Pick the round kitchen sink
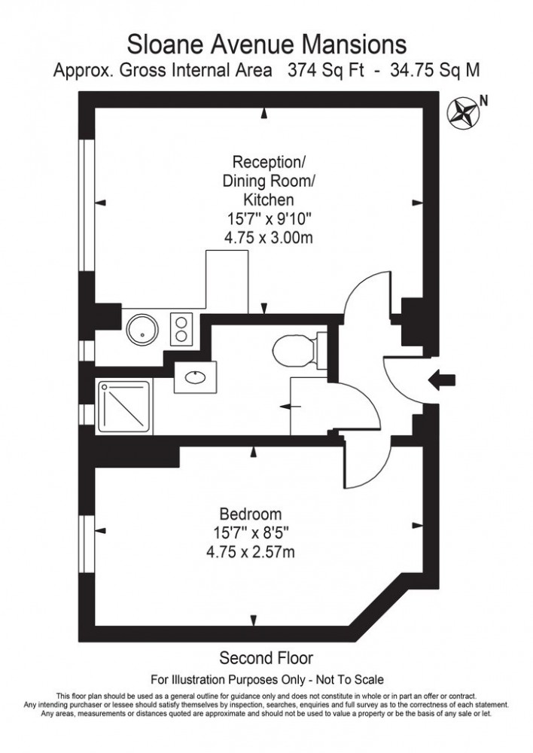[x=140, y=328]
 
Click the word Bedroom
[x=251, y=515]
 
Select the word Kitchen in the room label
[x=267, y=200]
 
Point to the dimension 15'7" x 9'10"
[x=267, y=219]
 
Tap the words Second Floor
[x=266, y=657]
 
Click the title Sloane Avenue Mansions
[x=266, y=41]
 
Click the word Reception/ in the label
[x=269, y=162]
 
